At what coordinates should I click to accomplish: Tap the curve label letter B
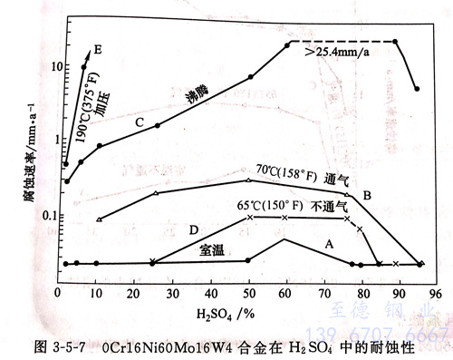(x=367, y=195)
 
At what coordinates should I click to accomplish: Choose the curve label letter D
(x=194, y=230)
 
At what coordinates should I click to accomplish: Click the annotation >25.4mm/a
(x=348, y=54)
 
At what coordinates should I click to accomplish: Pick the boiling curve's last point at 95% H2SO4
(x=416, y=89)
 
